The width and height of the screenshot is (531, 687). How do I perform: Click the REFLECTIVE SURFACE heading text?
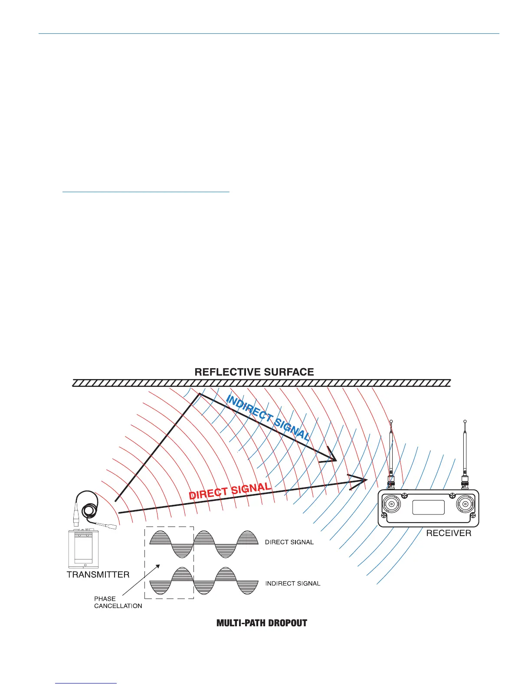[254, 372]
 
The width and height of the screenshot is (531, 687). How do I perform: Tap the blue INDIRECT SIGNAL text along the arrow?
[268, 419]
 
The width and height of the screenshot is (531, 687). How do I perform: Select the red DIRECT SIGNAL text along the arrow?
[230, 491]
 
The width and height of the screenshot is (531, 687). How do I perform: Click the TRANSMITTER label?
[98, 575]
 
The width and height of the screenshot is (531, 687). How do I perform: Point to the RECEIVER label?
[449, 533]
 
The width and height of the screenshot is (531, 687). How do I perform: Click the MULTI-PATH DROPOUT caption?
[262, 623]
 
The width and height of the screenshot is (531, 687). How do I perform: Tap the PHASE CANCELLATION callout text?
[118, 602]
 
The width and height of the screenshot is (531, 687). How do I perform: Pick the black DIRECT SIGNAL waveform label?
[289, 542]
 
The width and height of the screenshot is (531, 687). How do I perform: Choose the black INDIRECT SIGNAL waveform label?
[293, 584]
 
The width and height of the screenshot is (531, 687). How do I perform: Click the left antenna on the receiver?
[391, 451]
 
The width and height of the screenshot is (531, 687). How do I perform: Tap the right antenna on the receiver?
[465, 451]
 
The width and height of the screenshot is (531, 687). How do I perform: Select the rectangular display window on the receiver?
[429, 507]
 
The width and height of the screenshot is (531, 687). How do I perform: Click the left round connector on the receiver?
[392, 505]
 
